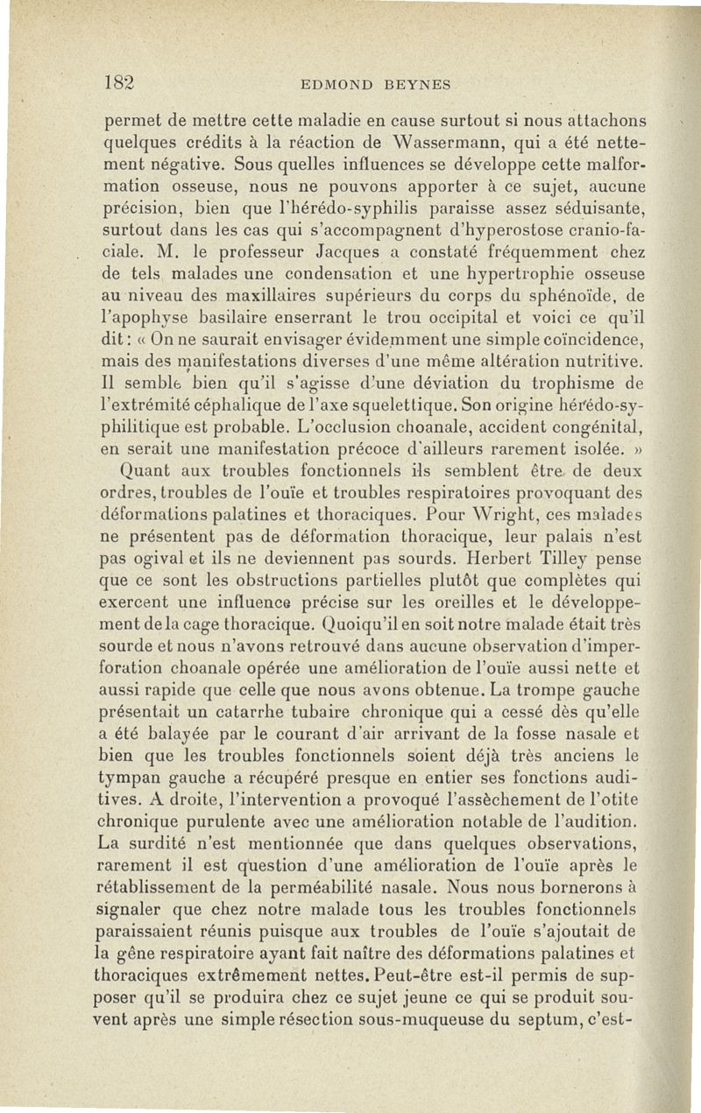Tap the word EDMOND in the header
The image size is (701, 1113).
click(334, 85)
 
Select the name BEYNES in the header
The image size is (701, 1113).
click(417, 85)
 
